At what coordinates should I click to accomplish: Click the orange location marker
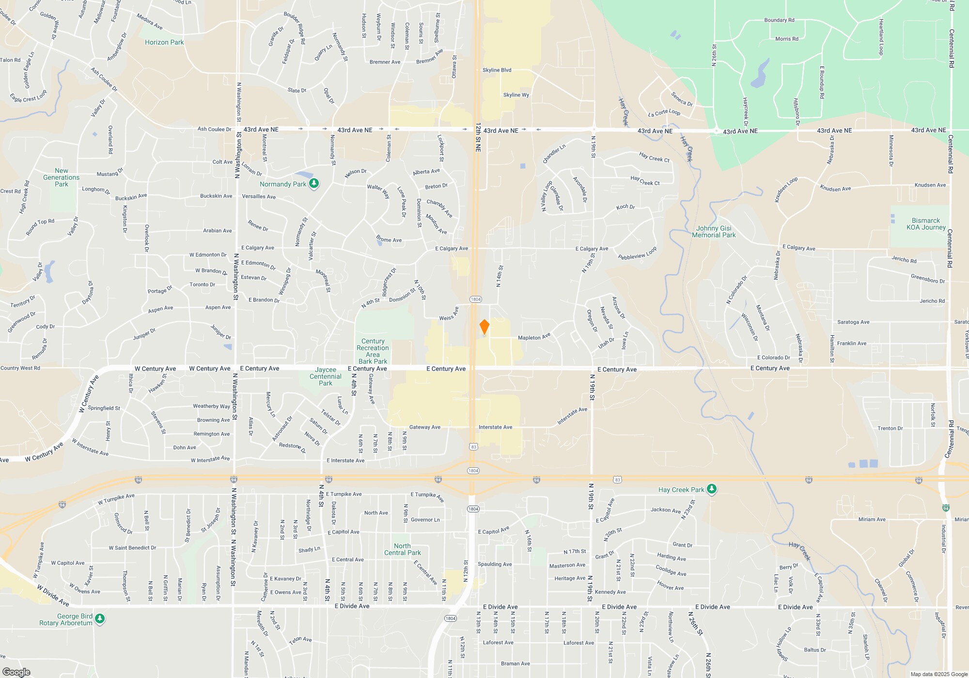484,327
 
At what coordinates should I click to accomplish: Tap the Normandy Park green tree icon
314,184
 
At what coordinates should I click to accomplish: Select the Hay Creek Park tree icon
711,489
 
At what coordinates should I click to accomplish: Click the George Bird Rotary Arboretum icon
100,619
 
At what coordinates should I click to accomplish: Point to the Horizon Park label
164,43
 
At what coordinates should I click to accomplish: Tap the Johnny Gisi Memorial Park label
714,232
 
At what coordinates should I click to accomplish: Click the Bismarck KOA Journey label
926,224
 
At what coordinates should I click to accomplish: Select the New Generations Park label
62,177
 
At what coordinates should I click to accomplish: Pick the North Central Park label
402,549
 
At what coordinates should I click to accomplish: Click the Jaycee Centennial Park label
326,376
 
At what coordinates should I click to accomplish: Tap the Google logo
16,672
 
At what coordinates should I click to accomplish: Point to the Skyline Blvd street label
497,70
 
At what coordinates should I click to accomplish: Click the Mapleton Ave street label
534,337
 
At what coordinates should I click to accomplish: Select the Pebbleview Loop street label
637,253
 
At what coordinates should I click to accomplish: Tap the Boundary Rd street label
779,20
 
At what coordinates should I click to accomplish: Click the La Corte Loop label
664,113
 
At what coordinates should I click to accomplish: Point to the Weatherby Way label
211,406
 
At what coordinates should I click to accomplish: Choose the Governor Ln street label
425,520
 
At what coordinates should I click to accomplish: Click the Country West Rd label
20,368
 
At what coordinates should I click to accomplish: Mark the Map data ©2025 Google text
939,674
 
